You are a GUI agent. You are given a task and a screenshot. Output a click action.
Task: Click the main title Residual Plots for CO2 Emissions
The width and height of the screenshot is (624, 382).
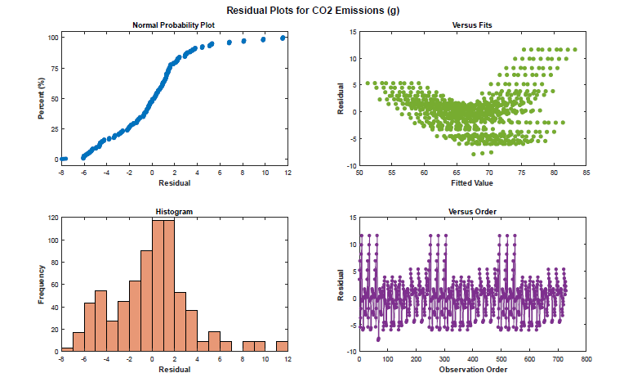tap(312, 9)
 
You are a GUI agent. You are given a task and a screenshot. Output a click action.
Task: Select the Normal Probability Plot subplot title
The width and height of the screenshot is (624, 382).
tap(174, 25)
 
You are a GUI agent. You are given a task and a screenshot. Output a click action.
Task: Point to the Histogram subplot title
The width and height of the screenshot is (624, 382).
tap(174, 212)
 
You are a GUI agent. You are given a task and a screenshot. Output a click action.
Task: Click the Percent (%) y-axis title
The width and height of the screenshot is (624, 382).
tap(40, 98)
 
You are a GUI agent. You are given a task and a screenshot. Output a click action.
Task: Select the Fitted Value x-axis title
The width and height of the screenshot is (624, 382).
tap(471, 182)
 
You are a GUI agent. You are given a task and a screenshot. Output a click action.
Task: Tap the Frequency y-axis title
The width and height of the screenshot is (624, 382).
tap(40, 285)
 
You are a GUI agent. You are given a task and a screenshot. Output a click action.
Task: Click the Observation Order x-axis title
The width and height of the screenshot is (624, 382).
tap(471, 369)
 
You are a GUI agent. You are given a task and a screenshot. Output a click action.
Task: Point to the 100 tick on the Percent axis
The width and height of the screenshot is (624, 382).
tap(53, 38)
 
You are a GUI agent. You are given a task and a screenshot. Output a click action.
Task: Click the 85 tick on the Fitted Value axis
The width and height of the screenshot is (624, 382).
tap(586, 173)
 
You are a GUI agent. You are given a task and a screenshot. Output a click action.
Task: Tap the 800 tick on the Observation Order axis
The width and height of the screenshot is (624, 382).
tap(586, 359)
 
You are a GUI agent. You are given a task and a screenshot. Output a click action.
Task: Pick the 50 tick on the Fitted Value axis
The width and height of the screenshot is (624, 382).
tap(359, 173)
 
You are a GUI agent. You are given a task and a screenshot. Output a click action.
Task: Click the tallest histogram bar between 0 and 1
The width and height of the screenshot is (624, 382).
tap(158, 285)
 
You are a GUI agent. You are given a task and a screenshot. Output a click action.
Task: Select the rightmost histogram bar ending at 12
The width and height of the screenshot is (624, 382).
tap(282, 346)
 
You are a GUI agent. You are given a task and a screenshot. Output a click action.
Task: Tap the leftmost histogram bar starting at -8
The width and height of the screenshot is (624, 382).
tap(67, 349)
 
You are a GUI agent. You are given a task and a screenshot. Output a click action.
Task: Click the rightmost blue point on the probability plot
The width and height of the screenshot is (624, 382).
tap(283, 38)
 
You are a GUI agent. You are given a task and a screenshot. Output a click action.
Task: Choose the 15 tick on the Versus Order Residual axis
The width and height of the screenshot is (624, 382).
tap(352, 218)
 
